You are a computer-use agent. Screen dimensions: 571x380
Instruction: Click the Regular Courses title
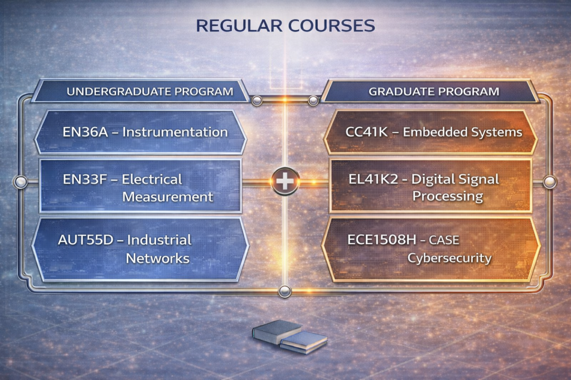(x=285, y=26)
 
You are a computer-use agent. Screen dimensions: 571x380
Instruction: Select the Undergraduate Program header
(x=149, y=91)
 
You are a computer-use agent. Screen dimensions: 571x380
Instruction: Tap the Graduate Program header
(x=434, y=91)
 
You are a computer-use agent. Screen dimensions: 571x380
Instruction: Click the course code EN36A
(x=85, y=131)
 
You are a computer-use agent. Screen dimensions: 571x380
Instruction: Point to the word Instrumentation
(x=175, y=131)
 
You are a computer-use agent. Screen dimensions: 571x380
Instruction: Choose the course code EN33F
(x=85, y=179)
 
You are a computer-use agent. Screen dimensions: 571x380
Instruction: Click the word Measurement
(x=168, y=197)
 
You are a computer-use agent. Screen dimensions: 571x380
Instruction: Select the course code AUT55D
(x=85, y=240)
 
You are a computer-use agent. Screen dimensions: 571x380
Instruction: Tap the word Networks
(x=158, y=259)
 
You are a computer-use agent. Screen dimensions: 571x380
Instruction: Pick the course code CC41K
(x=367, y=131)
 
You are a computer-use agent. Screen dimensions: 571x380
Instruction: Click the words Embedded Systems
(x=462, y=131)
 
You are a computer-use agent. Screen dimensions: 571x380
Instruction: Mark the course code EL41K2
(x=373, y=179)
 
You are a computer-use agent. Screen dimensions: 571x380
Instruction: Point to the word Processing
(x=448, y=196)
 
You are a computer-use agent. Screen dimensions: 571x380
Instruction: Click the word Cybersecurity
(x=449, y=258)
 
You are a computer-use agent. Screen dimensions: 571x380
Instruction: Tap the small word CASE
(x=444, y=240)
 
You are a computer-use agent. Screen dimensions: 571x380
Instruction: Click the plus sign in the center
(x=285, y=181)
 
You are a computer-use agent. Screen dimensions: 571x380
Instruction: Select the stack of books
(x=289, y=337)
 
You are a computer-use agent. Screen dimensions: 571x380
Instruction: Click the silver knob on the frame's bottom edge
(x=285, y=291)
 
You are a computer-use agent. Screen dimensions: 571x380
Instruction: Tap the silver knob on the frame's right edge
(x=549, y=181)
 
